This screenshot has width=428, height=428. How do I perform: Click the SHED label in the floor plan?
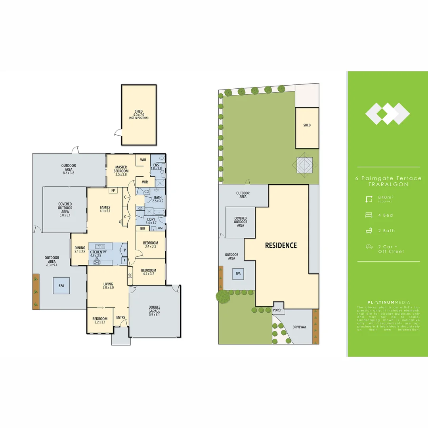pyautogui.click(x=138, y=112)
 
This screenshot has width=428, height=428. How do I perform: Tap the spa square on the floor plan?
pyautogui.click(x=61, y=286)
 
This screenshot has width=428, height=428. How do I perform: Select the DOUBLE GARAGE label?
pyautogui.click(x=154, y=309)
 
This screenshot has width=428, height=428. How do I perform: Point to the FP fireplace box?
pyautogui.click(x=113, y=191)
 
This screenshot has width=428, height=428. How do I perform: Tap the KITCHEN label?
pyautogui.click(x=96, y=252)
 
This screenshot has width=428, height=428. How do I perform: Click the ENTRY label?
pyautogui.click(x=120, y=317)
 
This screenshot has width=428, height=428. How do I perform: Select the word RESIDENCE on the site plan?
pyautogui.click(x=281, y=245)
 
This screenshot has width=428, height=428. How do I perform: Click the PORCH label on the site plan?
pyautogui.click(x=278, y=310)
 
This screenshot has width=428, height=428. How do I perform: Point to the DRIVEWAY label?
pyautogui.click(x=300, y=327)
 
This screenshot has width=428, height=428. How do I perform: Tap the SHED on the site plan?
pyautogui.click(x=307, y=125)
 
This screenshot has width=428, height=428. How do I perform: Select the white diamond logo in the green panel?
pyautogui.click(x=387, y=114)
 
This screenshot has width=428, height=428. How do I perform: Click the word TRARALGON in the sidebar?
pyautogui.click(x=388, y=185)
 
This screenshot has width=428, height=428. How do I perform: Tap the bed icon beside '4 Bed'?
pyautogui.click(x=369, y=215)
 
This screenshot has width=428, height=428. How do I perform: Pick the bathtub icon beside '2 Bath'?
pyautogui.click(x=369, y=231)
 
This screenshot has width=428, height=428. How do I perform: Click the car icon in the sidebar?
pyautogui.click(x=369, y=246)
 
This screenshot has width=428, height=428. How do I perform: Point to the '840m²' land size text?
pyautogui.click(x=386, y=197)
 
